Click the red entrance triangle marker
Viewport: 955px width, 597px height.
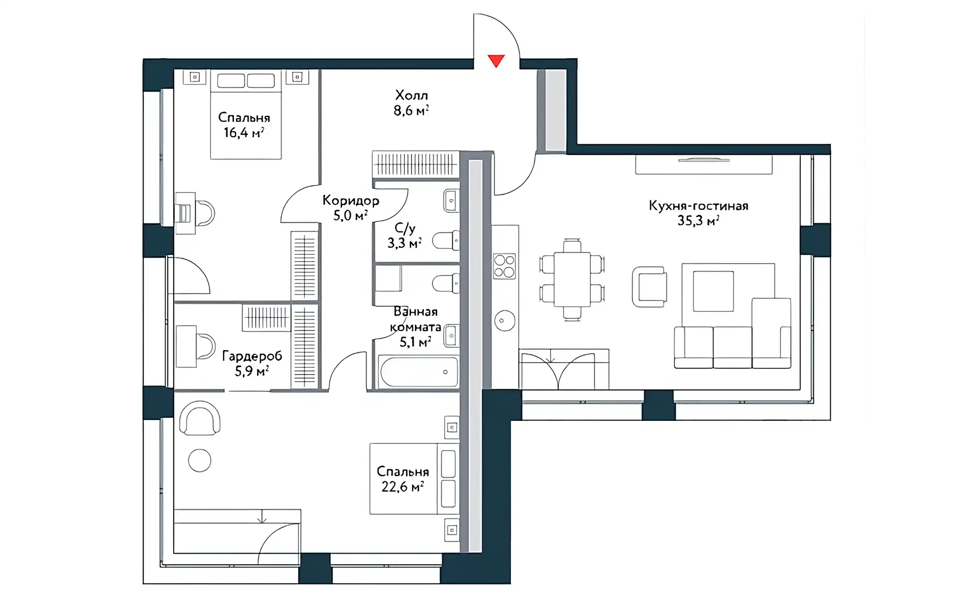point(496,60)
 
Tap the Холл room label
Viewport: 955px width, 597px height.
point(411,95)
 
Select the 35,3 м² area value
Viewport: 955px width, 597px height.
point(698,221)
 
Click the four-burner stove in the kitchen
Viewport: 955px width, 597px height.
point(504,266)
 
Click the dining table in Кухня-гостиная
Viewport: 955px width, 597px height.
point(572,279)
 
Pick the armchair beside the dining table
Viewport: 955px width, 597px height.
point(649,287)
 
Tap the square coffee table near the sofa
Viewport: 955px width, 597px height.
point(713,292)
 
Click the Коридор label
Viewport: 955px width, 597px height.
point(351,200)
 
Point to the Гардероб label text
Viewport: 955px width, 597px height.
point(252,356)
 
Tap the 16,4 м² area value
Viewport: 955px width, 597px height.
point(243,133)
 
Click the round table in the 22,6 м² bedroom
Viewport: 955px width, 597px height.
point(199,460)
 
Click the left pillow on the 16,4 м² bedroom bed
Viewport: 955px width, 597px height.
point(231,81)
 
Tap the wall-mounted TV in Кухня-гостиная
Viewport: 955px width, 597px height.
point(704,160)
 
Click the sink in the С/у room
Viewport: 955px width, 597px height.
point(451,201)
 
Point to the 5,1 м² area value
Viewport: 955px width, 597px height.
point(415,342)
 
